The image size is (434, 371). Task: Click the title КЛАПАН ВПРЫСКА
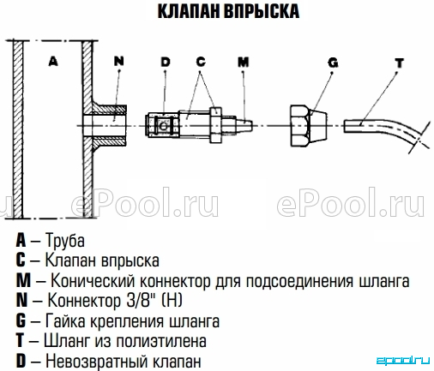[228, 11]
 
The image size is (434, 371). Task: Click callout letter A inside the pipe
[53, 61]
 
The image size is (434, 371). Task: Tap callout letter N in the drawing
[119, 61]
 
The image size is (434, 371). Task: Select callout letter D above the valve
[166, 62]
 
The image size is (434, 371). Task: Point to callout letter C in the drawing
[201, 62]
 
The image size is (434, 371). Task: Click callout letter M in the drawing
[244, 62]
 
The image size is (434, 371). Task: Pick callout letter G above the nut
[333, 63]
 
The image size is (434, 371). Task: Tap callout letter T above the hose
[400, 63]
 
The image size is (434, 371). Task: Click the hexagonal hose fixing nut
[309, 126]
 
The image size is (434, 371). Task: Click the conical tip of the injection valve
[244, 125]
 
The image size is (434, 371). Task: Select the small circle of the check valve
[163, 126]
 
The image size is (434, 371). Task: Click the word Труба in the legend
[65, 241]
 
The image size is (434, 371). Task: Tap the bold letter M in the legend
[23, 280]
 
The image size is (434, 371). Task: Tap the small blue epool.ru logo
[402, 361]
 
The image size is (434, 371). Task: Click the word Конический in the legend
[93, 281]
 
